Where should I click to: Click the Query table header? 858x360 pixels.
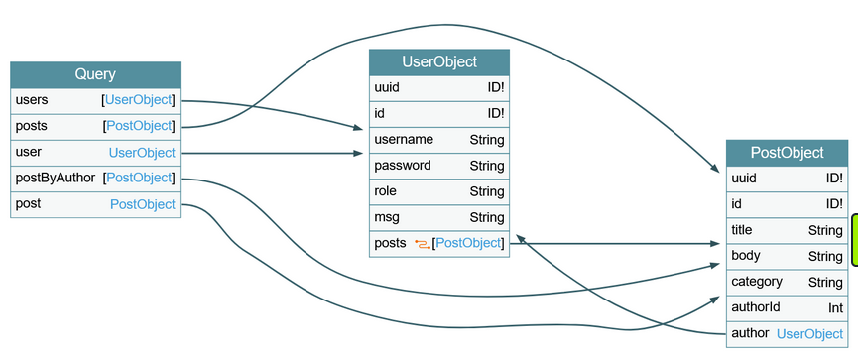click(95, 74)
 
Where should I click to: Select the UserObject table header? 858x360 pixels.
click(438, 62)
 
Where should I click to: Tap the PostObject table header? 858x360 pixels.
click(787, 153)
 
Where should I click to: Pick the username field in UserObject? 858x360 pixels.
click(404, 140)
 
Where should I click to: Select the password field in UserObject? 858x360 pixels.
click(403, 166)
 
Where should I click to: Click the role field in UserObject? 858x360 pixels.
click(386, 191)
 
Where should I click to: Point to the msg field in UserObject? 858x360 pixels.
click(387, 217)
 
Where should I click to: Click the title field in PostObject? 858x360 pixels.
click(742, 230)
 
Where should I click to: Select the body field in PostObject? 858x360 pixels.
click(746, 256)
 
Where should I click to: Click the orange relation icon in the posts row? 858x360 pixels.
click(422, 244)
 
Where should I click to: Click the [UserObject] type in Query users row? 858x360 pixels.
click(138, 100)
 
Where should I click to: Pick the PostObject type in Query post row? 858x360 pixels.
click(143, 204)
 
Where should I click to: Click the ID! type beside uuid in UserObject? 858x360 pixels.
click(495, 88)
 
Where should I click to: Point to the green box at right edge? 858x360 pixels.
click(854, 240)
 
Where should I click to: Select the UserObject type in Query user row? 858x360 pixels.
click(142, 153)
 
